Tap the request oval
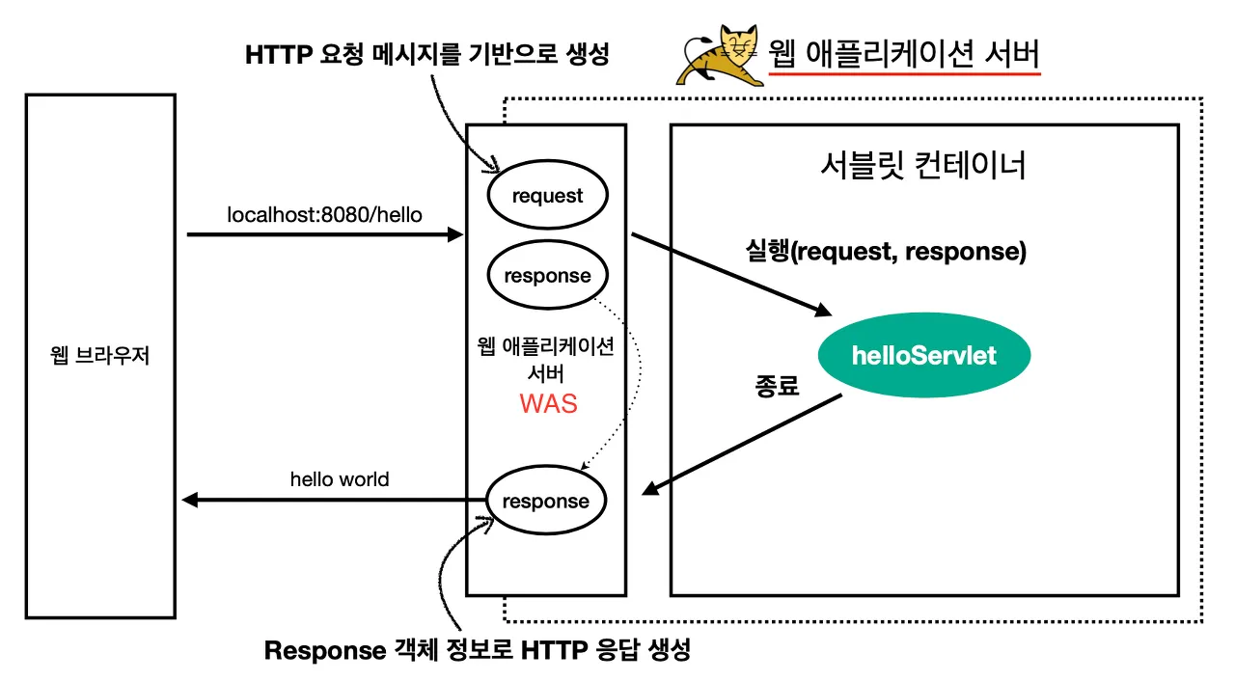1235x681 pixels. pos(547,196)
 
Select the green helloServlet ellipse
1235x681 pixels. pos(923,356)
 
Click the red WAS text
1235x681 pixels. pos(548,403)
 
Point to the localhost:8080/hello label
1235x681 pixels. pos(324,214)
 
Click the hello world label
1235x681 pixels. pos(340,478)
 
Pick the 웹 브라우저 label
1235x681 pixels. pos(100,356)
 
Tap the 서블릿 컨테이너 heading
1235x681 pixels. pos(921,166)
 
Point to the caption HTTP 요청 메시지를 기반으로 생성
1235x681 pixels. pos(427,55)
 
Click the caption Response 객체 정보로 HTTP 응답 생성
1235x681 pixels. pos(478,650)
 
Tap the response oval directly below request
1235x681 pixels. pos(547,276)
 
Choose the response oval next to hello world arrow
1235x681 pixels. pos(545,501)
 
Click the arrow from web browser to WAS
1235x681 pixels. pos(324,234)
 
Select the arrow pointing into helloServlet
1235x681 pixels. pos(729,274)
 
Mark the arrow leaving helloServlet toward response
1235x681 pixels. pos(743,445)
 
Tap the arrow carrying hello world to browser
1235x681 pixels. pos(333,500)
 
